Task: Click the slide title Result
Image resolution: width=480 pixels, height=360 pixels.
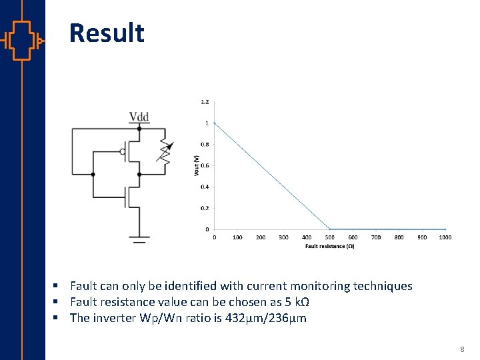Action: [107, 33]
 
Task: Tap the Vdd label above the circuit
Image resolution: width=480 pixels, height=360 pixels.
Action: [139, 117]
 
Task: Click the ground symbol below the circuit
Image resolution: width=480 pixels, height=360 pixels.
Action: [139, 237]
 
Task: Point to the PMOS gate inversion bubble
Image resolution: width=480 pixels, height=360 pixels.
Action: [123, 151]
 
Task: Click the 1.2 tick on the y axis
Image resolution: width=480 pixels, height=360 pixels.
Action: [205, 102]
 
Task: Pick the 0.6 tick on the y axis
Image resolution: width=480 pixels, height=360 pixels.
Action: [205, 165]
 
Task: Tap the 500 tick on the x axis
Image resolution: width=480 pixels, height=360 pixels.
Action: [329, 237]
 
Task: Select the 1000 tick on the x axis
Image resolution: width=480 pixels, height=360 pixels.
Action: [445, 237]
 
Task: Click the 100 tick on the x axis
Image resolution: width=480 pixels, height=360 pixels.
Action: [237, 237]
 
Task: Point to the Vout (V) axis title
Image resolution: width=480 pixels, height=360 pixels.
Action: [196, 165]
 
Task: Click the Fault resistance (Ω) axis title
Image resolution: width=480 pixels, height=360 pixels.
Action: [329, 246]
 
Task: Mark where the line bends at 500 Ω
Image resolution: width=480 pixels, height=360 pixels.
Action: [329, 229]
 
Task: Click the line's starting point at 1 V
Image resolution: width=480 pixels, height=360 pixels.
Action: [214, 123]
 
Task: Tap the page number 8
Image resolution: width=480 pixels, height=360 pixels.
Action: [463, 349]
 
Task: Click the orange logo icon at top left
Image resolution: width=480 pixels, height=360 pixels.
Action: [22, 41]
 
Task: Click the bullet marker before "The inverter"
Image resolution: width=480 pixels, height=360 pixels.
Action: [60, 318]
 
